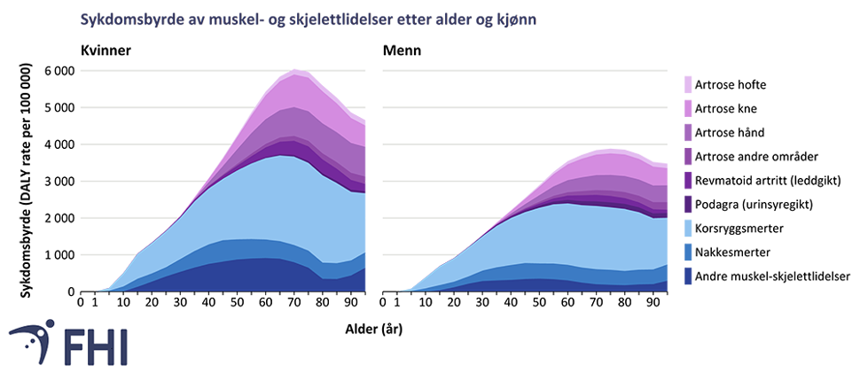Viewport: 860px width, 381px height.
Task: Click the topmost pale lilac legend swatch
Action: point(687,85)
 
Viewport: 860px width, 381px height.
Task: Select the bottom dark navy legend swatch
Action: point(687,276)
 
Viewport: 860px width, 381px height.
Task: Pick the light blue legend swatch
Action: point(687,229)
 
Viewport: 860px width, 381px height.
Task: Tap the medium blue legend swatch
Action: point(687,253)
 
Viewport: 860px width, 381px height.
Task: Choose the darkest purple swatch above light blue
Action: point(687,205)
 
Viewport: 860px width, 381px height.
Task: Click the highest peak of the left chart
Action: point(296,69)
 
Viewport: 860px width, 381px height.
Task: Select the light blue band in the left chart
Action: point(266,199)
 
